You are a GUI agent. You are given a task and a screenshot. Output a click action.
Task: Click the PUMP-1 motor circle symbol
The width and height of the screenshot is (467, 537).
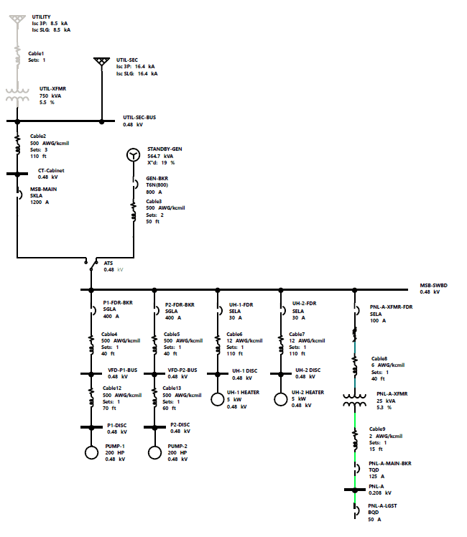(x=91, y=452)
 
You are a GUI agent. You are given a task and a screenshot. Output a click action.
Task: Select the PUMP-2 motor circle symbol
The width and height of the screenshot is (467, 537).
(x=154, y=452)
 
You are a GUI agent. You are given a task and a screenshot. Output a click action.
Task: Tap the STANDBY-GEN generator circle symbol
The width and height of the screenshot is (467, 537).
(x=131, y=156)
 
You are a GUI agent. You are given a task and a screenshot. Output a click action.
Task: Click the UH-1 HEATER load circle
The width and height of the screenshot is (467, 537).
(x=218, y=399)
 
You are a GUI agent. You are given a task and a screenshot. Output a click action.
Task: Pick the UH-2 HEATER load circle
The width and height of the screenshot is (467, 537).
(x=281, y=399)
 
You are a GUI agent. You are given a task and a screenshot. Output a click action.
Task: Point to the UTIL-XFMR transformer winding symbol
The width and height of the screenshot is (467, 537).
(x=17, y=95)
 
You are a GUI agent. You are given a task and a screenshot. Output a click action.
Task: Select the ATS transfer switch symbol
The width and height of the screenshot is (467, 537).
(x=91, y=263)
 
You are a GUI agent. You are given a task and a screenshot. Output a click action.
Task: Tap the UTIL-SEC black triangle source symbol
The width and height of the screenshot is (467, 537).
(x=101, y=62)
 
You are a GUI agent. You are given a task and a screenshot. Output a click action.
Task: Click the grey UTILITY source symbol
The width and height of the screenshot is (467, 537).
(x=17, y=18)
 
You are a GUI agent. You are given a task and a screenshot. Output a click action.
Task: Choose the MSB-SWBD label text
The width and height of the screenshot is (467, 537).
(x=434, y=285)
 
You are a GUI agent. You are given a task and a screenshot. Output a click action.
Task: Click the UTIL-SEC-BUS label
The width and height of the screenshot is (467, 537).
(x=139, y=117)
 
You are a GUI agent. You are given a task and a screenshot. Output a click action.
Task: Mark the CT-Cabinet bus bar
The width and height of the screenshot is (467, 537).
(x=17, y=173)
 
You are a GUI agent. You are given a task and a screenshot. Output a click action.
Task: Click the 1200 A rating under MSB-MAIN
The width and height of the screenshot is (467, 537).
(x=40, y=202)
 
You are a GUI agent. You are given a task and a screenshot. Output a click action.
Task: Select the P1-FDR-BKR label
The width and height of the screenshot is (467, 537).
(x=118, y=304)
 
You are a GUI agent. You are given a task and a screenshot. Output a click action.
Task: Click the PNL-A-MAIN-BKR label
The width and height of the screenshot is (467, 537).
(x=389, y=463)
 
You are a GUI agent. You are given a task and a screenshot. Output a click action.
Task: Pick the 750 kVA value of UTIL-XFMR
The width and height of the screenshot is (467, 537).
(x=49, y=95)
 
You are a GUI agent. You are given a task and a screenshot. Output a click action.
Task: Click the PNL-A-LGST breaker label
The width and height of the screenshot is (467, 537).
(x=382, y=505)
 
